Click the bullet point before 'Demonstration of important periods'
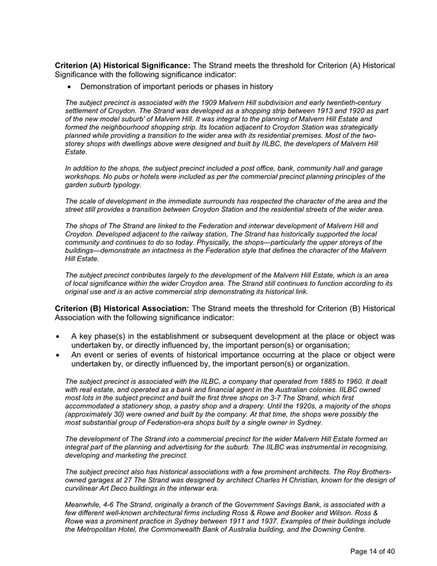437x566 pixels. click(69, 87)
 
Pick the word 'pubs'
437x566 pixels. click(115, 177)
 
